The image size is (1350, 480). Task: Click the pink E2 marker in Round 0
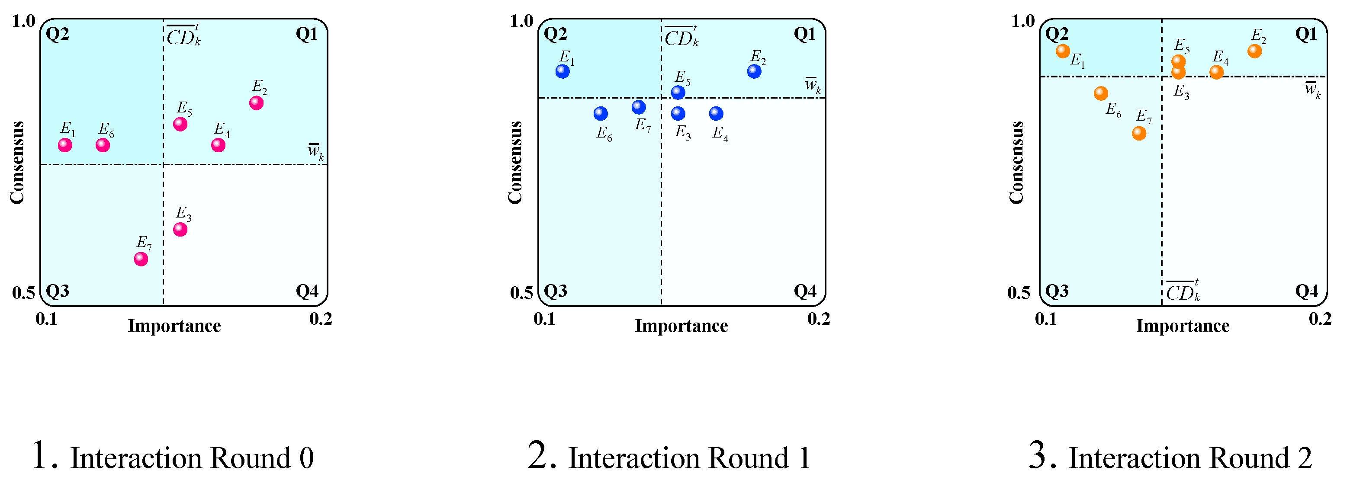pos(256,103)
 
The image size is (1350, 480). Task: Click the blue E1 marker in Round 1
pos(562,71)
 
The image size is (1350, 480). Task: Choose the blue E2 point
pos(754,71)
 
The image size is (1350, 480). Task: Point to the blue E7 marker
pos(638,107)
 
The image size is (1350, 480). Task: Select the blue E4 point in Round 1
pos(716,114)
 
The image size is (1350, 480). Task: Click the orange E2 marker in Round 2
pos(1254,51)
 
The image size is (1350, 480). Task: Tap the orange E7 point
pos(1139,133)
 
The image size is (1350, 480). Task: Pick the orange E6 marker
pos(1100,94)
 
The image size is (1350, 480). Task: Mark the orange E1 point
pos(1062,51)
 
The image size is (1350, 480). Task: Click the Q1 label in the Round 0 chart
pos(307,35)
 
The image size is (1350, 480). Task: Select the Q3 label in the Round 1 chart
pos(556,291)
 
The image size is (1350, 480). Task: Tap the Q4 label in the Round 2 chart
pos(1306,291)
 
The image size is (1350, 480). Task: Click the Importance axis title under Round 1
pos(681,326)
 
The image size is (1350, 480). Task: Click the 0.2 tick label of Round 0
pos(321,319)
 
